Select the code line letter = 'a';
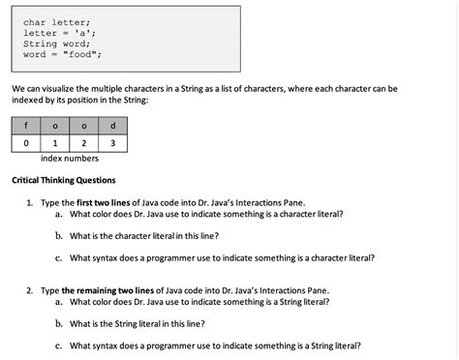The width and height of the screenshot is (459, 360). (55, 33)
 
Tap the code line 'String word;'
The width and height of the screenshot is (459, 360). (56, 44)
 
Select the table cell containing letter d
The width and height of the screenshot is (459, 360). (113, 125)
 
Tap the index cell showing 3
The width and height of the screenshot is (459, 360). (113, 143)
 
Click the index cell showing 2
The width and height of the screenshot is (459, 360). (84, 143)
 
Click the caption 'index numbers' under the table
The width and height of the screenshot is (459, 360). (70, 159)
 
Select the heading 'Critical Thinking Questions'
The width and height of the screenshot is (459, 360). (63, 180)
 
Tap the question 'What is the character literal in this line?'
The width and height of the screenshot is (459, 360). (143, 235)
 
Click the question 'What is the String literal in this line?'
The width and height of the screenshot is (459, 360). (137, 323)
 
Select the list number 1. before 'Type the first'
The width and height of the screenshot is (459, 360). (31, 202)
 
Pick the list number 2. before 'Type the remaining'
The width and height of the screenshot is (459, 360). (31, 290)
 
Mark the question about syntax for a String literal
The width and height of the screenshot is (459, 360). (215, 345)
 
